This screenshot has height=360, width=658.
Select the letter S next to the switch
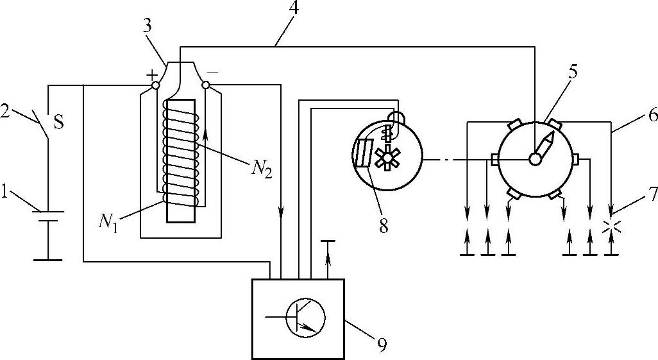click(x=58, y=122)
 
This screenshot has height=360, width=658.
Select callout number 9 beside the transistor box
click(x=382, y=345)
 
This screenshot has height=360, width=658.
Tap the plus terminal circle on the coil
click(x=155, y=85)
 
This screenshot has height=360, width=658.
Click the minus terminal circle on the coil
click(x=205, y=85)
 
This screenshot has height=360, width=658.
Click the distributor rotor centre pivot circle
click(x=534, y=159)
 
